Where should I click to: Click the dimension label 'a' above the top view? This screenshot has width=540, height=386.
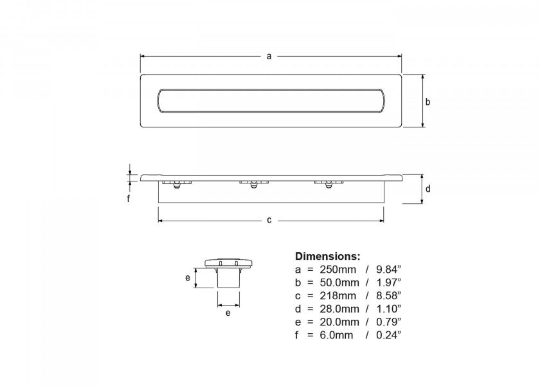tap(269, 56)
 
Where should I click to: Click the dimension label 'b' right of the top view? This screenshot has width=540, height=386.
tap(428, 102)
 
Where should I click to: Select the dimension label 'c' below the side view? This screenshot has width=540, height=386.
tap(269, 220)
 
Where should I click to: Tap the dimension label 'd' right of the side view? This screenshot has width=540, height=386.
tap(428, 188)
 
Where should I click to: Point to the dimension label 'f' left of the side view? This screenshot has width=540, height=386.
tap(129, 199)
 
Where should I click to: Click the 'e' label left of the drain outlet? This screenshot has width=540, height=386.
tap(188, 278)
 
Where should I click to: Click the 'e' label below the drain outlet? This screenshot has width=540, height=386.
tap(228, 313)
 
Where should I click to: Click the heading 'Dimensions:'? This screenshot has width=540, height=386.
tap(327, 256)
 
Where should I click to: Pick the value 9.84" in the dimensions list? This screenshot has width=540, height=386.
tap(388, 269)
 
